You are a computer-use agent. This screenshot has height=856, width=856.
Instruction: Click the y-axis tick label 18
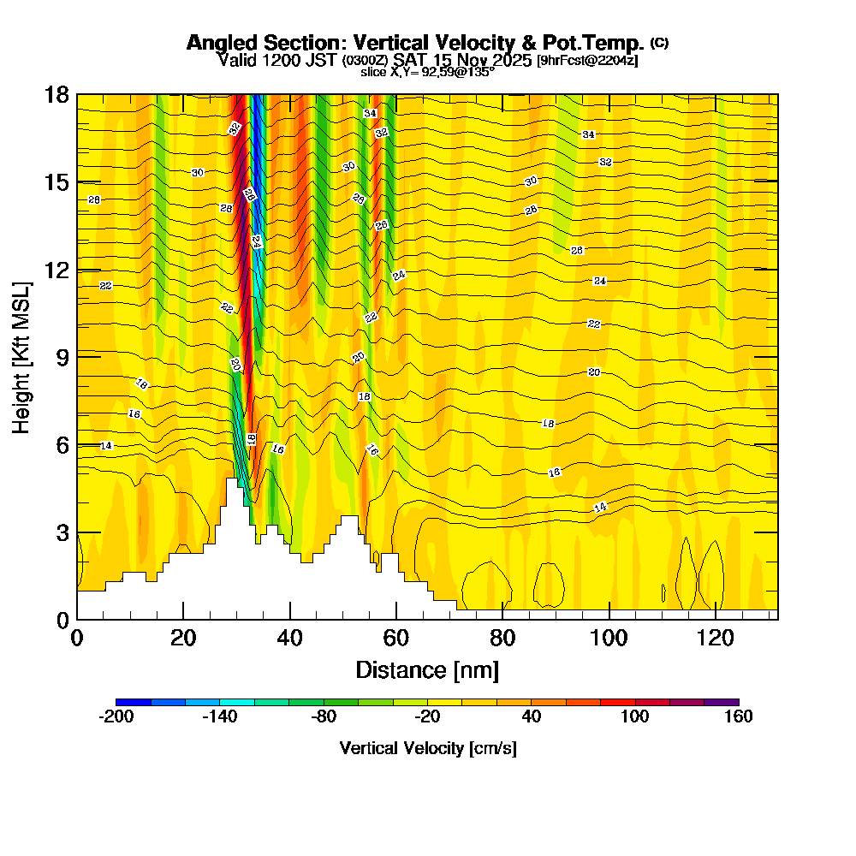56,94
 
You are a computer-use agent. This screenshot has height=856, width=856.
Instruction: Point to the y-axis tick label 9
62,356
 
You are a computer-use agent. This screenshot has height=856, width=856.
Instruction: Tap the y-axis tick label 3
62,532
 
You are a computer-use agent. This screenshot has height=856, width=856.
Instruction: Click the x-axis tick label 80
502,638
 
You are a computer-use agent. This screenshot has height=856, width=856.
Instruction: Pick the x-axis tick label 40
290,638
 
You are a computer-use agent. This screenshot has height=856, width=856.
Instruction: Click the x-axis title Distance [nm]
427,669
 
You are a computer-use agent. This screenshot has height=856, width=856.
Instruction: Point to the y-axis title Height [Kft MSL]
21,356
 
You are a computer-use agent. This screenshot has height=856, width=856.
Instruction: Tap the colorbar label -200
116,717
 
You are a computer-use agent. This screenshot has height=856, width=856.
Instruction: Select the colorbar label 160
738,717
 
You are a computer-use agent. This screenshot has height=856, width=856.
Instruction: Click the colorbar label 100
634,717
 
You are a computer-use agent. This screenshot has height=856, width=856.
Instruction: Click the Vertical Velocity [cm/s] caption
427,748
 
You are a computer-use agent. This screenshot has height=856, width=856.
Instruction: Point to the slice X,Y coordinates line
427,73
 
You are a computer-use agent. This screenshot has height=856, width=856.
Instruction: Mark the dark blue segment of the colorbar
134,702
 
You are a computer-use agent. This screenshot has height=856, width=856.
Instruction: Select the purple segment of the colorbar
721,702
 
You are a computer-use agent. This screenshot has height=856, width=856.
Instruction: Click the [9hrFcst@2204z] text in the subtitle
586,61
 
